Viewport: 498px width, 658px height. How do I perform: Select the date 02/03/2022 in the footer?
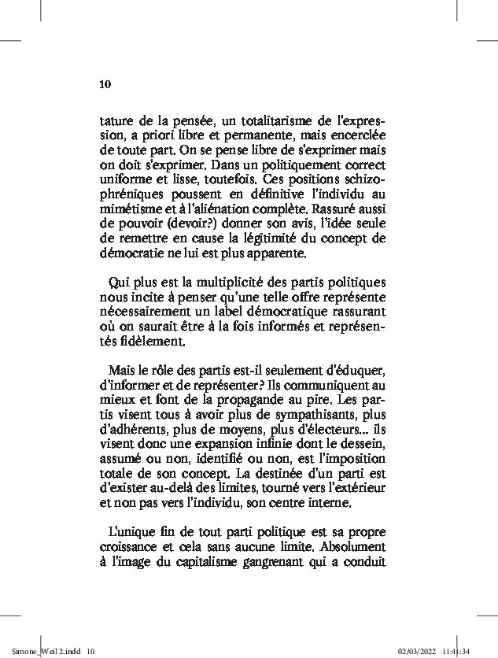click(x=418, y=650)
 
